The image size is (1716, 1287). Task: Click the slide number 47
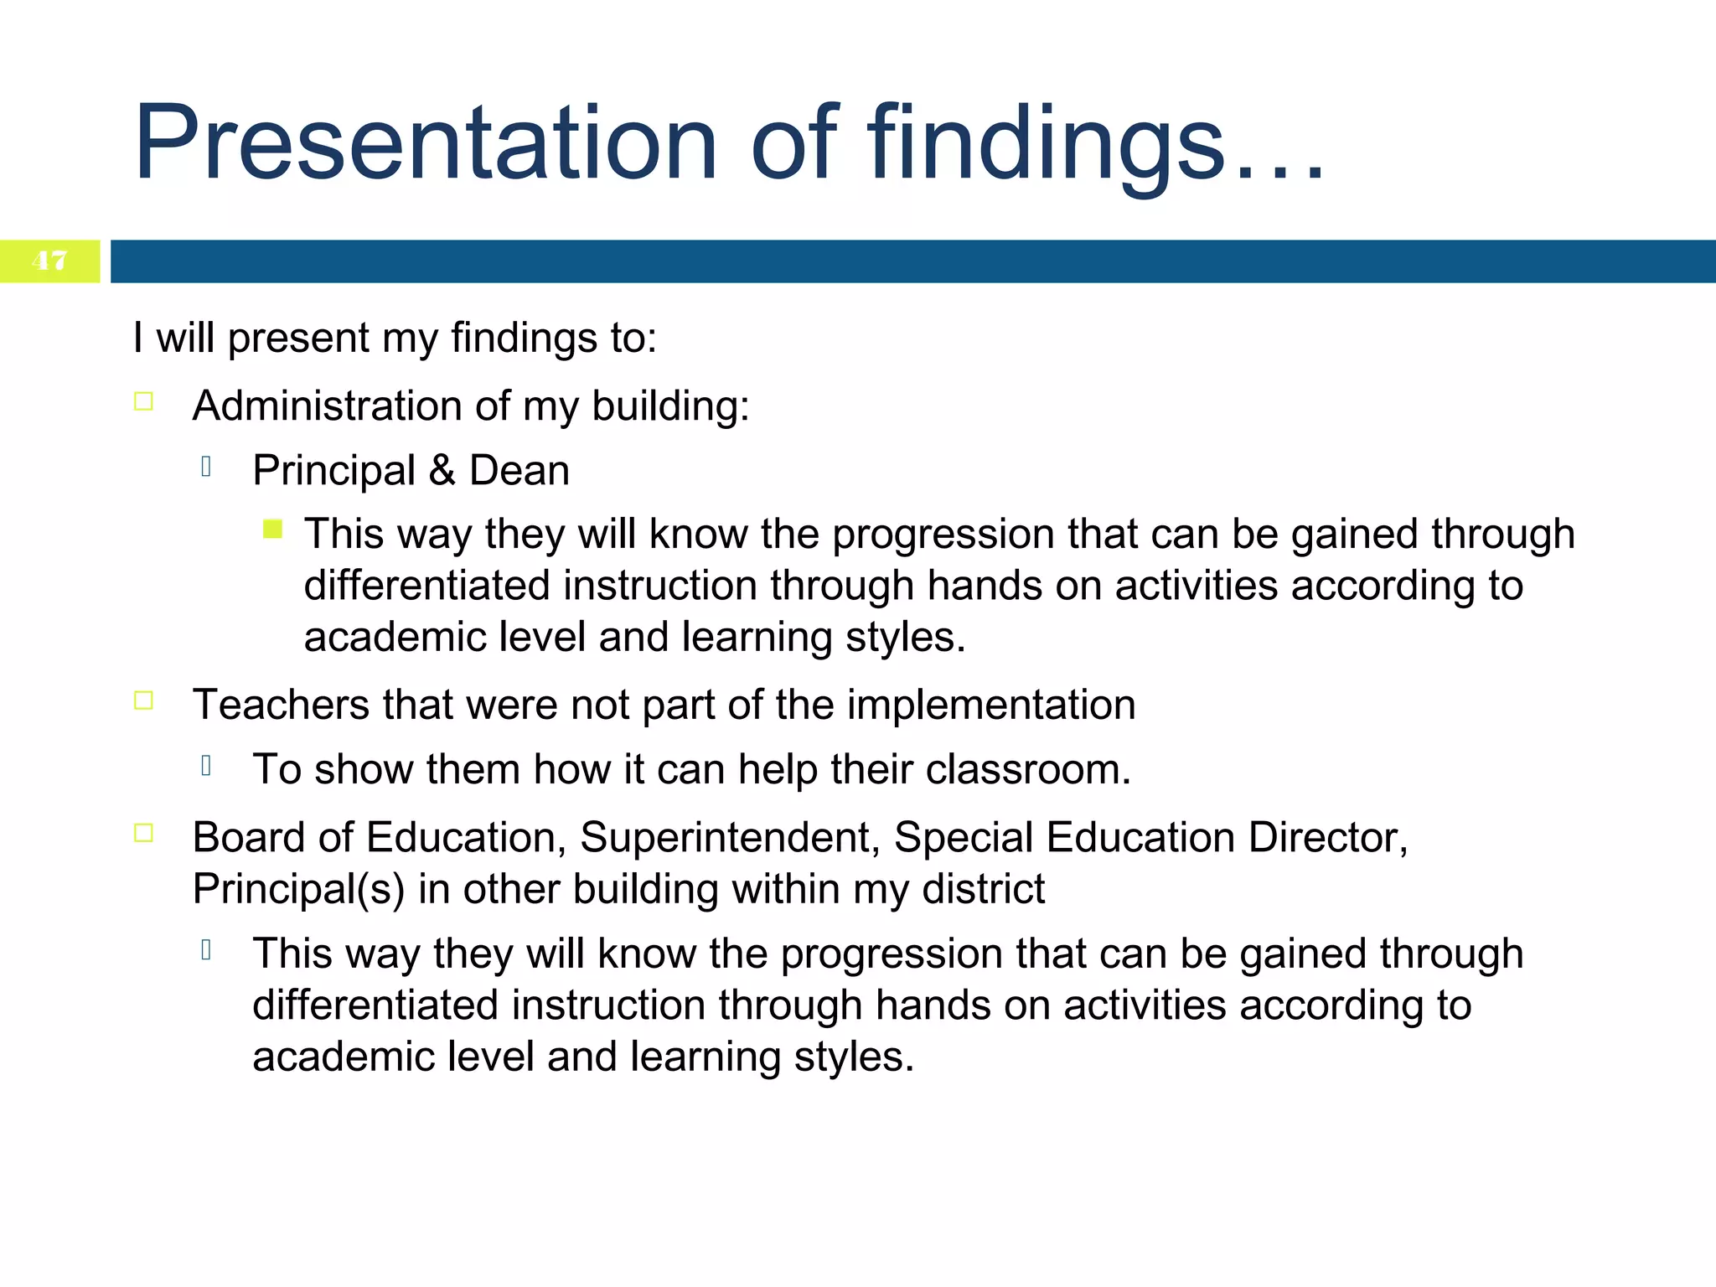49,261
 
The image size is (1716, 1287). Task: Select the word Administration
327,406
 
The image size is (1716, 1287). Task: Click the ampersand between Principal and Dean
442,470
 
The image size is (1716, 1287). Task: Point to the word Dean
519,470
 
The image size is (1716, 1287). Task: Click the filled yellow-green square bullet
272,529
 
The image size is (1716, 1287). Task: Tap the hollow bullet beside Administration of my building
143,401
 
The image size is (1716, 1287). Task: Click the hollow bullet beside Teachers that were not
143,700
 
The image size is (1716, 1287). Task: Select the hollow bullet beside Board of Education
143,833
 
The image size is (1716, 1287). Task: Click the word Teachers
281,705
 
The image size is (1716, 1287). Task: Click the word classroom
1027,769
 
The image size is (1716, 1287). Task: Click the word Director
1327,837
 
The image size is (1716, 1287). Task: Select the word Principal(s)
298,889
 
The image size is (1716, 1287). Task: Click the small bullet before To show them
206,765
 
